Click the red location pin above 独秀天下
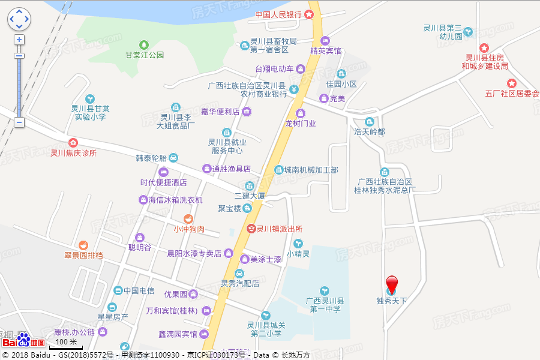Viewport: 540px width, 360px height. point(391,284)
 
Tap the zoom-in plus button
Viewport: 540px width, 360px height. point(19,40)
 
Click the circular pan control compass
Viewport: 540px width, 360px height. point(19,19)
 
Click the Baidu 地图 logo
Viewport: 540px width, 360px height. point(24,341)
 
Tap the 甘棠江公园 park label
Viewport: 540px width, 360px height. point(144,55)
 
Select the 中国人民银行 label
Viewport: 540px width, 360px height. point(278,14)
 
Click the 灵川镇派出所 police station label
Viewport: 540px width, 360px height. point(279,229)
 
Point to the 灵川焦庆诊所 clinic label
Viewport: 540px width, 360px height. point(73,152)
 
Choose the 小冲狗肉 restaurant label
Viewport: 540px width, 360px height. point(188,229)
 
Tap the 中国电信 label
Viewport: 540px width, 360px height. point(139,291)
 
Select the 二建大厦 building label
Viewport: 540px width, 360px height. point(250,196)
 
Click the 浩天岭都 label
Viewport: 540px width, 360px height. point(369,131)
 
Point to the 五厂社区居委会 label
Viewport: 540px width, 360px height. point(512,94)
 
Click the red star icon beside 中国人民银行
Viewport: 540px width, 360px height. point(309,14)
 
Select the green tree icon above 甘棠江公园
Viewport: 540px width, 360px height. point(144,44)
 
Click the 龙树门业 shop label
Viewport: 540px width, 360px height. point(300,123)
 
